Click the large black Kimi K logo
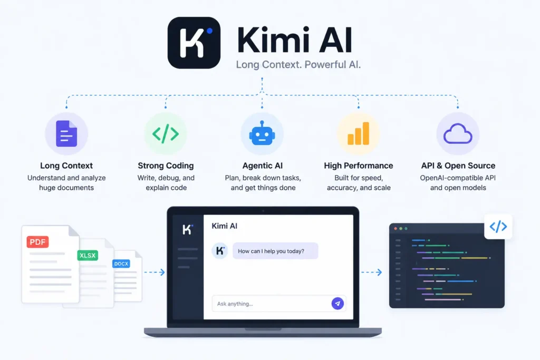pos(194,43)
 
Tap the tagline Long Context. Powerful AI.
pos(298,65)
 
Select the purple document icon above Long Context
pos(66,133)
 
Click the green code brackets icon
pos(166,133)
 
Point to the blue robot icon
pos(262,133)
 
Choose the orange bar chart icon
pos(358,133)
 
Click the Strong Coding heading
pos(166,166)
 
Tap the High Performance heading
pos(359,166)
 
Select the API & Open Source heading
pos(458,166)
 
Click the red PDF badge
pos(37,242)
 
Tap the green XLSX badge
pos(88,255)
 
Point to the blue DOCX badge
pos(121,264)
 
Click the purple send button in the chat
pos(337,304)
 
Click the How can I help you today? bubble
pos(275,251)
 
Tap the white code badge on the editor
pos(498,227)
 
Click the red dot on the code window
pos(396,229)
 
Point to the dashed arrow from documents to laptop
pos(155,272)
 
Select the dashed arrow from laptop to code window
pos(372,272)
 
